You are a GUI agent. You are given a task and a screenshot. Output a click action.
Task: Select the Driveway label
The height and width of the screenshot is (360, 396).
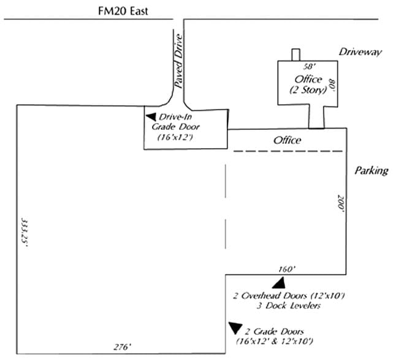coord(360,52)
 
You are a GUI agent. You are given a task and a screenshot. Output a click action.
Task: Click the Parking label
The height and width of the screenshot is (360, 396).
coord(371,171)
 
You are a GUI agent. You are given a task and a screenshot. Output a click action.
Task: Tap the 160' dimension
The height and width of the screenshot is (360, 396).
coord(287,268)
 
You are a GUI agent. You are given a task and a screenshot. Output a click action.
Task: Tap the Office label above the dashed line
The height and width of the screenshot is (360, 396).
coord(287,140)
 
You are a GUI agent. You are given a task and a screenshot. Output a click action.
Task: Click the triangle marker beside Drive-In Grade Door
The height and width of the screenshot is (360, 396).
coord(150,116)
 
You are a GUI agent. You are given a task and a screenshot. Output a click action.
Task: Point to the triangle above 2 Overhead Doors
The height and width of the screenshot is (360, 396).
coord(280,282)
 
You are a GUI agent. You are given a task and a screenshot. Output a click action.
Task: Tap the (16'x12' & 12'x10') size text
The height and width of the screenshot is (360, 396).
coord(275,340)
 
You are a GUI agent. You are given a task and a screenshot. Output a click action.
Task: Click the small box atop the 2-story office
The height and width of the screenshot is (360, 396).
coord(295,54)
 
